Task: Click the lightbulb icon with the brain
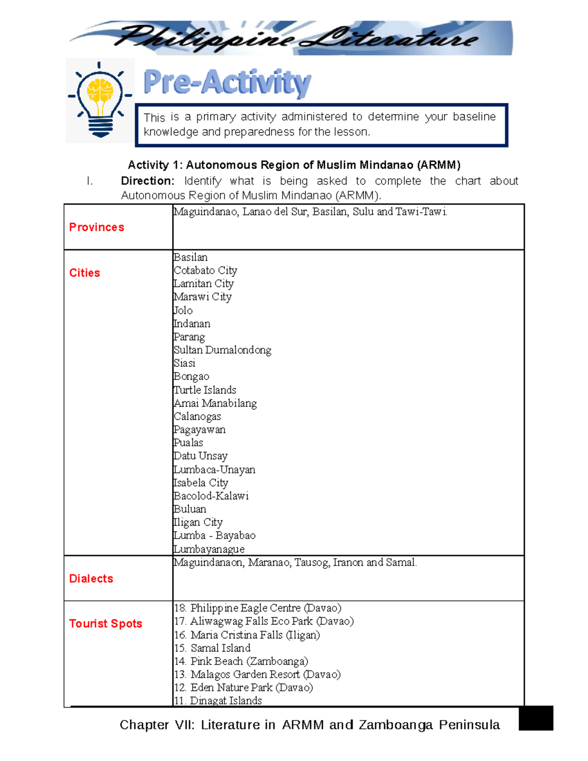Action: [100, 100]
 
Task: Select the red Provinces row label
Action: [97, 227]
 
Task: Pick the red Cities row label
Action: [84, 273]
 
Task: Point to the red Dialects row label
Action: [91, 579]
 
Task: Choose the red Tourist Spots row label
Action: [105, 624]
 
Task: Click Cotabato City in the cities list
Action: [205, 270]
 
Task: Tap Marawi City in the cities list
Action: [202, 297]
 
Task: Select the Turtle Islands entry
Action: [205, 390]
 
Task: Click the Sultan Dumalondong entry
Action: [222, 350]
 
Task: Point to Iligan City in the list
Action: [198, 522]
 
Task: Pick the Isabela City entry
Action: [201, 483]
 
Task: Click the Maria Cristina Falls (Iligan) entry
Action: [247, 635]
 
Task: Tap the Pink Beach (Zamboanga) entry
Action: [241, 662]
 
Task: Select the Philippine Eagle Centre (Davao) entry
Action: [258, 608]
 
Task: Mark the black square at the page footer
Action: [536, 718]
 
